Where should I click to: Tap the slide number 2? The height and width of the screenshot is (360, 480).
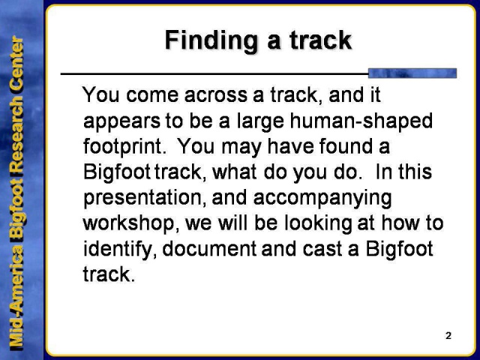click(x=448, y=335)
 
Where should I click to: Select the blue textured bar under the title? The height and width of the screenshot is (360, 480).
click(x=412, y=73)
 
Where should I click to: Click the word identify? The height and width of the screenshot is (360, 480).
click(x=111, y=248)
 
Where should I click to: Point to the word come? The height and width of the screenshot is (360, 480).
click(x=149, y=96)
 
